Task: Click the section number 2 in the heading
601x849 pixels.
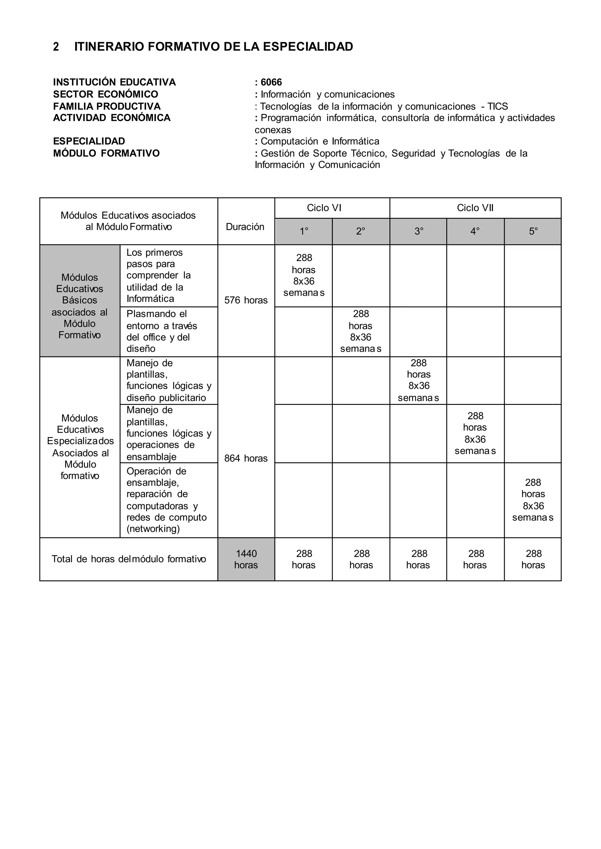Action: pos(56,47)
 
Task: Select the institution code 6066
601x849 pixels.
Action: pos(271,82)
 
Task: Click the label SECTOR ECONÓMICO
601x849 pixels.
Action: pos(105,94)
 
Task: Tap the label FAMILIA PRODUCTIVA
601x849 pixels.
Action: pos(107,106)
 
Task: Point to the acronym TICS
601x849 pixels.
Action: pos(497,106)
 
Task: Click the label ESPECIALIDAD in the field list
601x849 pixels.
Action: pos(89,141)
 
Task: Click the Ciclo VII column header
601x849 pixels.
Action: pos(475,208)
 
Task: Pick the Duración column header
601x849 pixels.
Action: pos(245,227)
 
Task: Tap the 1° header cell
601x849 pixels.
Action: pos(304,232)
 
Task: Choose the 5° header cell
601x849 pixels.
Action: pos(533,232)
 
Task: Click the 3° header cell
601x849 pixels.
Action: pos(418,232)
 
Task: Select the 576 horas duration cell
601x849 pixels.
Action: pos(246,300)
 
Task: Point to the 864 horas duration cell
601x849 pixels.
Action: pos(246,459)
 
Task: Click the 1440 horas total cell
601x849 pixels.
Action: pos(246,559)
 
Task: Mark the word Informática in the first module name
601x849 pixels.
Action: pos(150,299)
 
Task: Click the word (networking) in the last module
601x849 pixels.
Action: pos(153,529)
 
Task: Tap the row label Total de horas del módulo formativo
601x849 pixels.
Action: pos(129,559)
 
